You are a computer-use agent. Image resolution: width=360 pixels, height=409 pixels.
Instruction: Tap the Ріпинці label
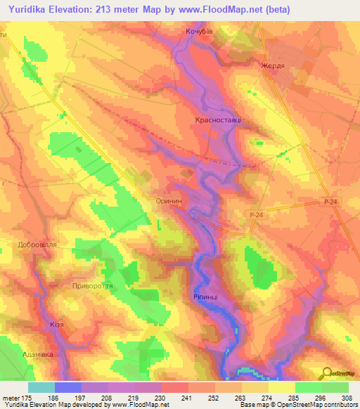pos(205,297)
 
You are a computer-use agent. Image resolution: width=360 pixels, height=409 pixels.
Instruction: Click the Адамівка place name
pos(38,355)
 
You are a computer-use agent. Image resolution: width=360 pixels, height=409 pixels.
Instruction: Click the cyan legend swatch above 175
pos(41,387)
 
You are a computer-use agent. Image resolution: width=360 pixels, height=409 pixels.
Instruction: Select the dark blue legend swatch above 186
pos(68,387)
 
